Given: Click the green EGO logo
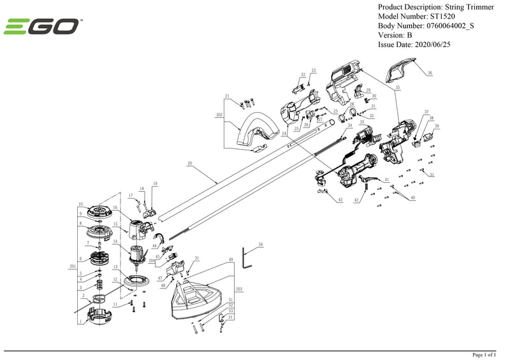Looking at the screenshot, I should click(43, 27).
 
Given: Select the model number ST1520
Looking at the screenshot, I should click(445, 16).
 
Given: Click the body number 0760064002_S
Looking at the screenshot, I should click(455, 25).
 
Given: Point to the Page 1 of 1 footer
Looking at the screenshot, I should click(483, 354).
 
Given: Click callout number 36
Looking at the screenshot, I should click(430, 73).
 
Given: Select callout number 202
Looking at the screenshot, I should click(219, 115).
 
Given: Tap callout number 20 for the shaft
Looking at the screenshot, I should click(189, 164).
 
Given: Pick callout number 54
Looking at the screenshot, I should click(260, 244).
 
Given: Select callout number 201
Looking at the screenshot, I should click(71, 266).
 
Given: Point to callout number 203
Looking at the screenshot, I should click(239, 289).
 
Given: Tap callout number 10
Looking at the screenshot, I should click(81, 204).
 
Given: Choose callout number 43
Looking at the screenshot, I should click(340, 200).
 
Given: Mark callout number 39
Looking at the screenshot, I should click(437, 127).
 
